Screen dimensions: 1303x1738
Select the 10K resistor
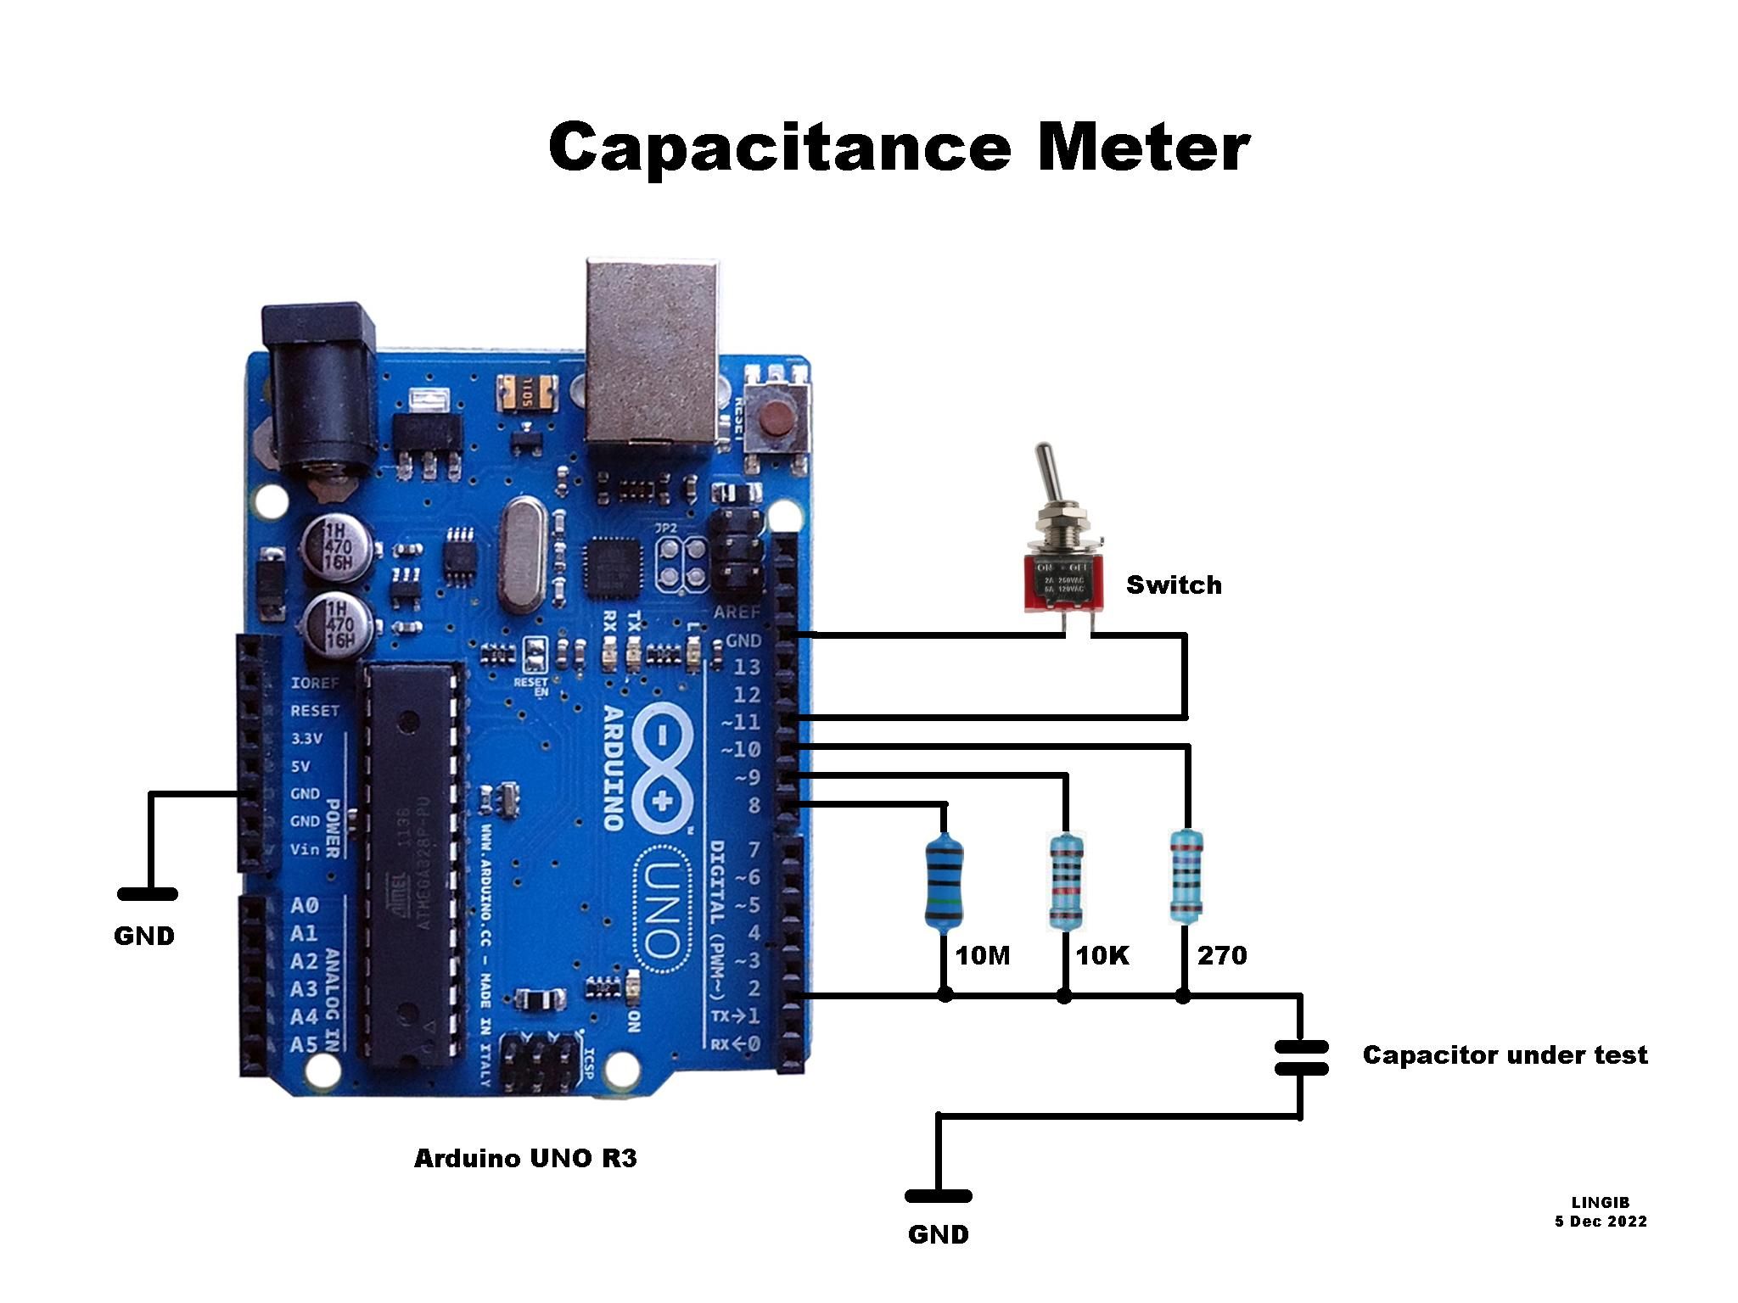point(1066,881)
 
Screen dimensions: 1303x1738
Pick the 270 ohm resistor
point(1186,876)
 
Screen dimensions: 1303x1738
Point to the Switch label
point(1174,585)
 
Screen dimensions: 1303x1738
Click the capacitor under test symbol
point(1301,1057)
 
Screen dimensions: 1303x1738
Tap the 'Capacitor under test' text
point(1505,1055)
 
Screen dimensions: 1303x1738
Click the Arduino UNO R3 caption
point(524,1159)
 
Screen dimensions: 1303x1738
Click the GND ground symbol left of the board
point(148,894)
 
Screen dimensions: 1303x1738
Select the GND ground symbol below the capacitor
point(938,1197)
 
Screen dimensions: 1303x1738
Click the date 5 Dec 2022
point(1601,1222)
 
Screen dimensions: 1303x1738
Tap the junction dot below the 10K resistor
point(1064,997)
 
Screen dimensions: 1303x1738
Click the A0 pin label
point(304,906)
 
